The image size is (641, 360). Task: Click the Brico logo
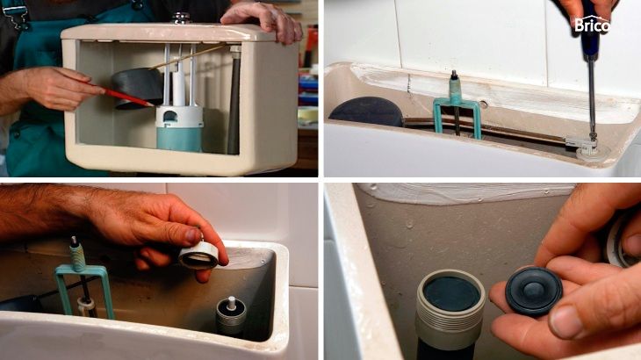coord(592,25)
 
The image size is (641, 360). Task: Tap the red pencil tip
coord(153,105)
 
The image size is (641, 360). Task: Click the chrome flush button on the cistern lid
coord(181,18)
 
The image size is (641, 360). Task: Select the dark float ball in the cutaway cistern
coord(137,88)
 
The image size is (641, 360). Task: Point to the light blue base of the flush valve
coord(179,138)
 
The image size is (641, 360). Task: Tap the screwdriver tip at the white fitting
coord(591,139)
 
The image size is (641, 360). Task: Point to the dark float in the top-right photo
coord(367,112)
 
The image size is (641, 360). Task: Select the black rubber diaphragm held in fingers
coord(534,291)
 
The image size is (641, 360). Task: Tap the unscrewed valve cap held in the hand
coord(198,255)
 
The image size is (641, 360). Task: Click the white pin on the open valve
coord(232,303)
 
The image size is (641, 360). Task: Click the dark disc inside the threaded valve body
coord(451,293)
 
